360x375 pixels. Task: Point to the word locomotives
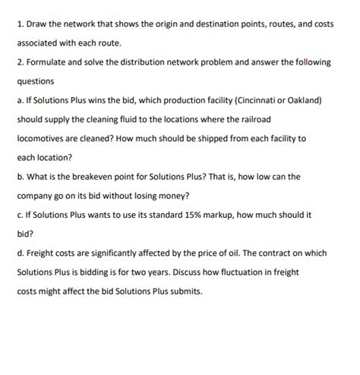(43, 139)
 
